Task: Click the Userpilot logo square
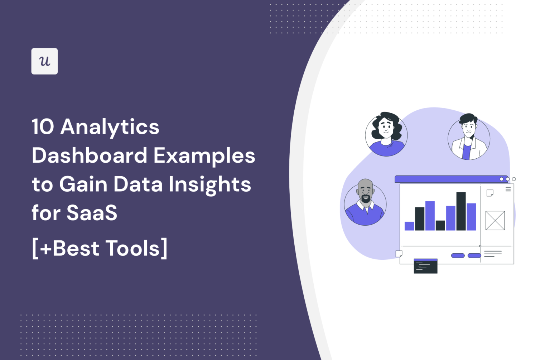tap(44, 61)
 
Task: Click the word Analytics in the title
tap(110, 127)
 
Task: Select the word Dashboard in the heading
tap(90, 156)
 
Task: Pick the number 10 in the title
tap(43, 127)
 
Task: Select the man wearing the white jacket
tap(469, 138)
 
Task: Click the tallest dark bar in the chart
tap(461, 211)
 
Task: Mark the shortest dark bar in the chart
tap(440, 225)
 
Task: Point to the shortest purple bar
tap(409, 226)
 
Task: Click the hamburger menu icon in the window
tap(508, 189)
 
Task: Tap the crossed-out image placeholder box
tap(495, 220)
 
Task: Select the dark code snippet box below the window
tap(425, 266)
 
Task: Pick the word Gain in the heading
tap(83, 184)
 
